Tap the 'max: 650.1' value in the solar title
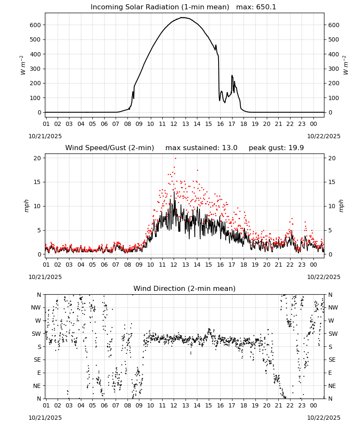point(256,7)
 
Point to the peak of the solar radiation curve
point(183,17)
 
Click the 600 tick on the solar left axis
point(36,25)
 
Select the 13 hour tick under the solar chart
point(185,124)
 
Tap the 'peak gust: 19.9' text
point(276,148)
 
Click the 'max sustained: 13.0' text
point(201,148)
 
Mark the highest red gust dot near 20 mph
point(175,158)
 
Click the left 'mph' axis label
point(26,206)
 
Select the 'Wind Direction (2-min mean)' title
point(185,288)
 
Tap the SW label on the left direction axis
point(36,334)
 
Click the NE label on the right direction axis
point(332,386)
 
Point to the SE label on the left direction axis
point(37,360)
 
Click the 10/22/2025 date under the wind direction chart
point(324,418)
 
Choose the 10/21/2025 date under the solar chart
point(45,136)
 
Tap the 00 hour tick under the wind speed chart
point(313,265)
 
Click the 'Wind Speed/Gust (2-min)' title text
point(110,148)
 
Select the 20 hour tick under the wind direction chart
point(266,405)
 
